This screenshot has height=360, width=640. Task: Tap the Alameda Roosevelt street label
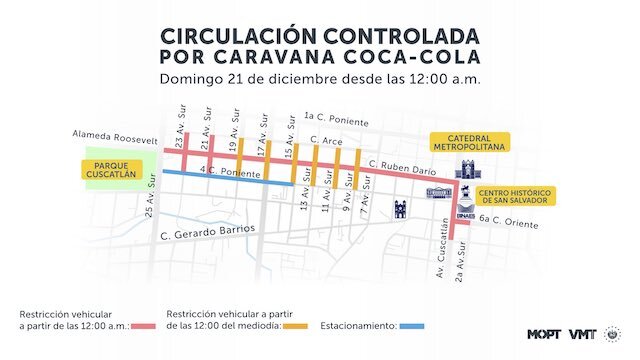point(115,135)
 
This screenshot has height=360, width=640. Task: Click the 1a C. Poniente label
point(337,118)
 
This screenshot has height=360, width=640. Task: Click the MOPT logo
point(544,334)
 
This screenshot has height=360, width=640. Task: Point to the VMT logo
point(583,334)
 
